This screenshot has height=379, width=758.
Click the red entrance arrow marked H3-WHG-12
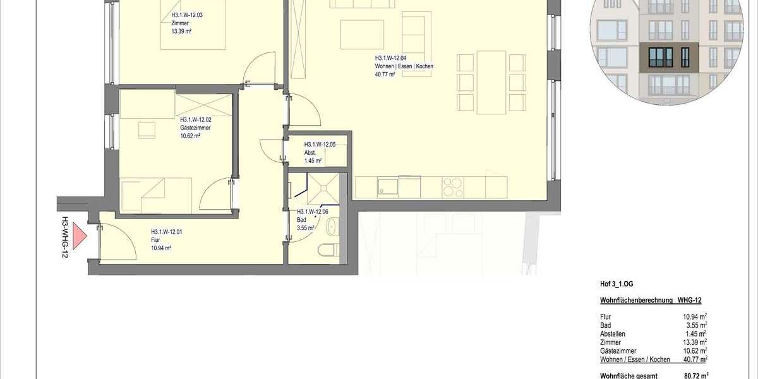coord(78,237)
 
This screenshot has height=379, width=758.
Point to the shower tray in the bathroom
coord(322,187)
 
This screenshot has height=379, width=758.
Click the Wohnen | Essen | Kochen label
coord(404,66)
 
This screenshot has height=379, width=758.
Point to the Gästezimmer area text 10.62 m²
coord(189,135)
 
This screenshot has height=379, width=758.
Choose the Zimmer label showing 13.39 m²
coord(180,28)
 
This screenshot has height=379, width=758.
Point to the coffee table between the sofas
coord(362,33)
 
